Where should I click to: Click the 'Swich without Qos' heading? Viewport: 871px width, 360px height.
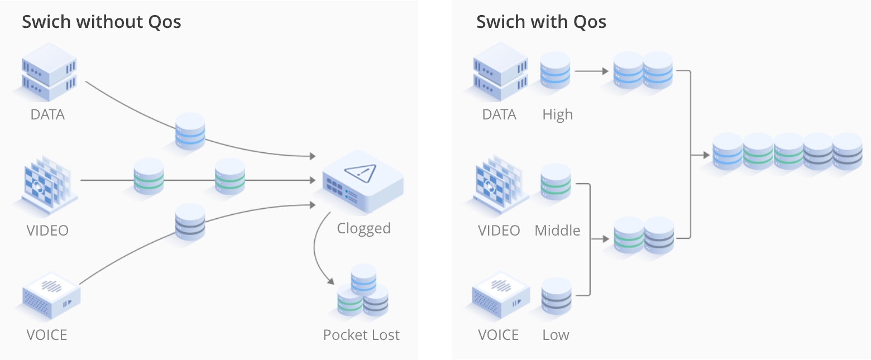(x=101, y=22)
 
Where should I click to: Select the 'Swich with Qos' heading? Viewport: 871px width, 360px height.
(x=540, y=22)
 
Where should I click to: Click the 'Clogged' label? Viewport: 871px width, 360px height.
(x=363, y=228)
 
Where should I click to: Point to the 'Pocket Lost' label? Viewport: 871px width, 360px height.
(x=361, y=335)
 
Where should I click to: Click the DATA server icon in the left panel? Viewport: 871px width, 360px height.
(x=48, y=73)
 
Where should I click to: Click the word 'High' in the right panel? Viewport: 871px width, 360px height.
(x=557, y=114)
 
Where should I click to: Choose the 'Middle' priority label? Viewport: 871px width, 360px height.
(x=557, y=231)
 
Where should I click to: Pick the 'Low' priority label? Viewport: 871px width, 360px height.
(x=556, y=335)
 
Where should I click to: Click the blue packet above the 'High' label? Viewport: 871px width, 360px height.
(x=555, y=70)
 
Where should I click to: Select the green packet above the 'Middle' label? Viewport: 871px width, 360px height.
(x=556, y=182)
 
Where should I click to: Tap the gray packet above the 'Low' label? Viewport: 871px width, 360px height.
(x=556, y=296)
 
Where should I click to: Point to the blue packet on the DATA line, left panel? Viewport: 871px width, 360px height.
(x=190, y=131)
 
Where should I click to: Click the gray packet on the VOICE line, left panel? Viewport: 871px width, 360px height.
(x=190, y=222)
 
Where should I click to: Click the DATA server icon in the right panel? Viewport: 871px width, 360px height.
(x=500, y=71)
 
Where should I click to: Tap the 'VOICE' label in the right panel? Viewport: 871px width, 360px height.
(x=499, y=335)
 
